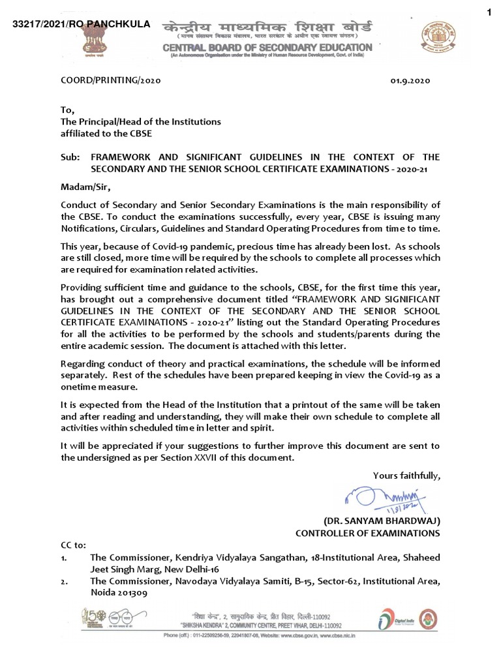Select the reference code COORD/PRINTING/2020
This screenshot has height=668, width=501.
[106, 82]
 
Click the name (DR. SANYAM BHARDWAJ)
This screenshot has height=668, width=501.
[382, 521]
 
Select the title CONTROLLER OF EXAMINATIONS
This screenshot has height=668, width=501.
[368, 533]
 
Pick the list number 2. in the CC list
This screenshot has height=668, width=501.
[63, 581]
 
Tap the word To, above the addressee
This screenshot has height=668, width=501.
[67, 110]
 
